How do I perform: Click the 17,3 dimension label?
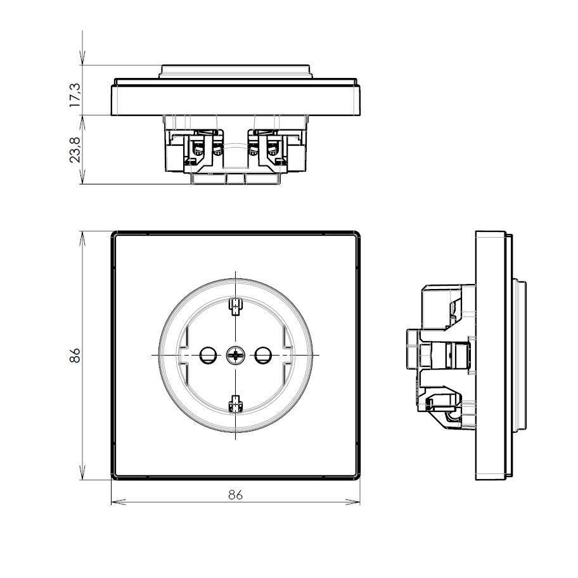pos(75,95)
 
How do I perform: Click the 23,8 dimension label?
pos(75,150)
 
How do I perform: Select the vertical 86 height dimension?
pos(75,356)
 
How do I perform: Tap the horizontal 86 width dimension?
pos(236,495)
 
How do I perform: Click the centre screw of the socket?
pos(236,356)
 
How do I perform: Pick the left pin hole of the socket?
pos(208,356)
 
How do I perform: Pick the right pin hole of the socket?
pos(263,356)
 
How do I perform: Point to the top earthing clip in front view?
pos(236,307)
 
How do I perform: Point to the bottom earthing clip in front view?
pos(236,403)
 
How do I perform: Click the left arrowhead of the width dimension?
pos(118,502)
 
